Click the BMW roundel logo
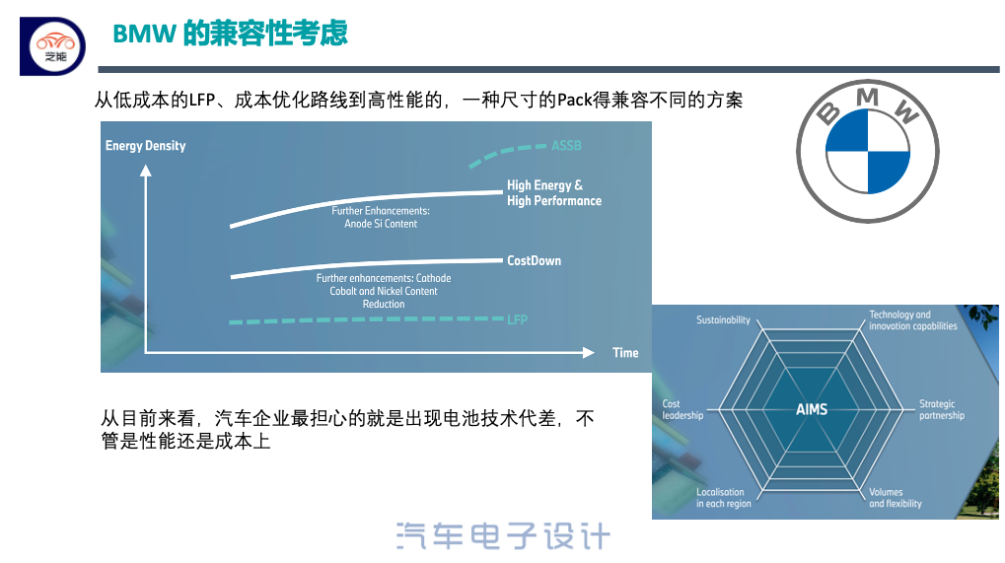867,151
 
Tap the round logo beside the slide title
56,46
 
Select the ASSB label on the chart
566,145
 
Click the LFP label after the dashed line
517,319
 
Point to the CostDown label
534,260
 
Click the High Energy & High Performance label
554,193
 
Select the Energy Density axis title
146,145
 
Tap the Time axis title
625,352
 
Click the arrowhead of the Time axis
589,352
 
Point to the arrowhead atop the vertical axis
146,171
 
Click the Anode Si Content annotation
381,217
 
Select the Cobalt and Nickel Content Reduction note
384,291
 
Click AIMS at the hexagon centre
812,409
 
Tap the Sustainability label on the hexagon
723,319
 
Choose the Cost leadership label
682,409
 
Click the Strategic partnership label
942,409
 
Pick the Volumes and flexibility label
896,498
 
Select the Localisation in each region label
724,498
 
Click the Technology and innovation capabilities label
912,320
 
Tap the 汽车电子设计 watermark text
503,536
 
